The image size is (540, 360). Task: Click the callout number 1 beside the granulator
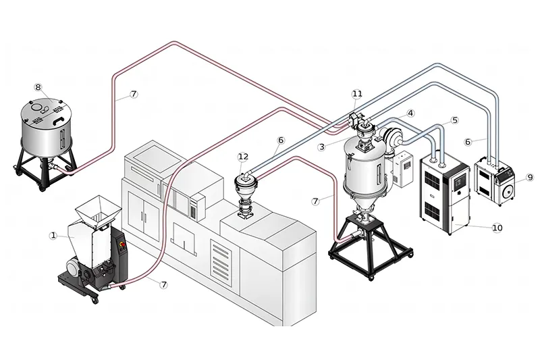tap(53, 235)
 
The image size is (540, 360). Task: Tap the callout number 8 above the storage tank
tap(38, 87)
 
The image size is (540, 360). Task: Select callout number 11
tap(357, 93)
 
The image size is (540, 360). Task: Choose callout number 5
tap(454, 120)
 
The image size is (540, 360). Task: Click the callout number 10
tap(497, 228)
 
